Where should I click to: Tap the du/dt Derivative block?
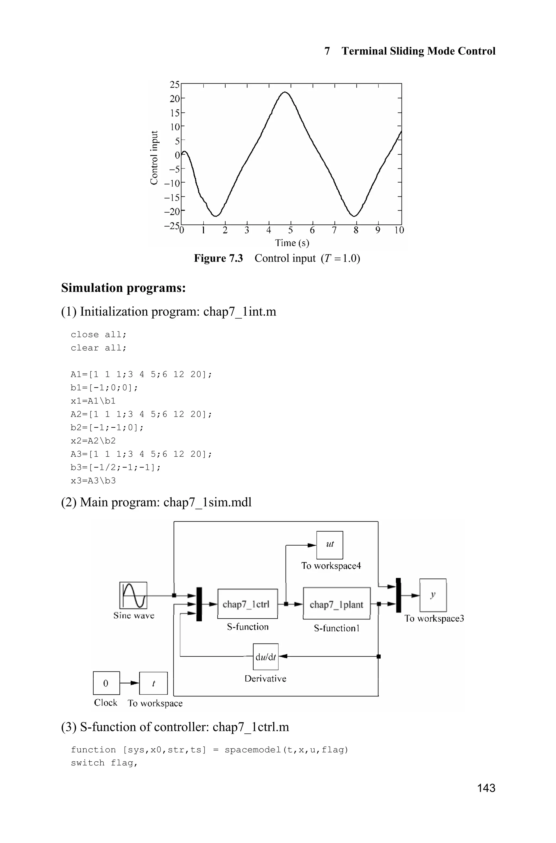click(266, 657)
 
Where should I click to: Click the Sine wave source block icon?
click(133, 595)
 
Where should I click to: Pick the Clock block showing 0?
click(106, 683)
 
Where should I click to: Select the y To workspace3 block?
click(432, 595)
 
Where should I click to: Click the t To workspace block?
click(153, 683)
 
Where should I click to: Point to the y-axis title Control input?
click(154, 158)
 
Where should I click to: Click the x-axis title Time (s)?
click(292, 243)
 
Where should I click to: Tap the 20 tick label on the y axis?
click(175, 98)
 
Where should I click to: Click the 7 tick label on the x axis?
click(334, 231)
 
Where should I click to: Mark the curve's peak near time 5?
click(285, 92)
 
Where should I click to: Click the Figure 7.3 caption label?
click(218, 258)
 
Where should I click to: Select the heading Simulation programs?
click(124, 288)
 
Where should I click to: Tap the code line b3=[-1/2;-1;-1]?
click(116, 467)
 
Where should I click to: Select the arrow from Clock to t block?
click(129, 683)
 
